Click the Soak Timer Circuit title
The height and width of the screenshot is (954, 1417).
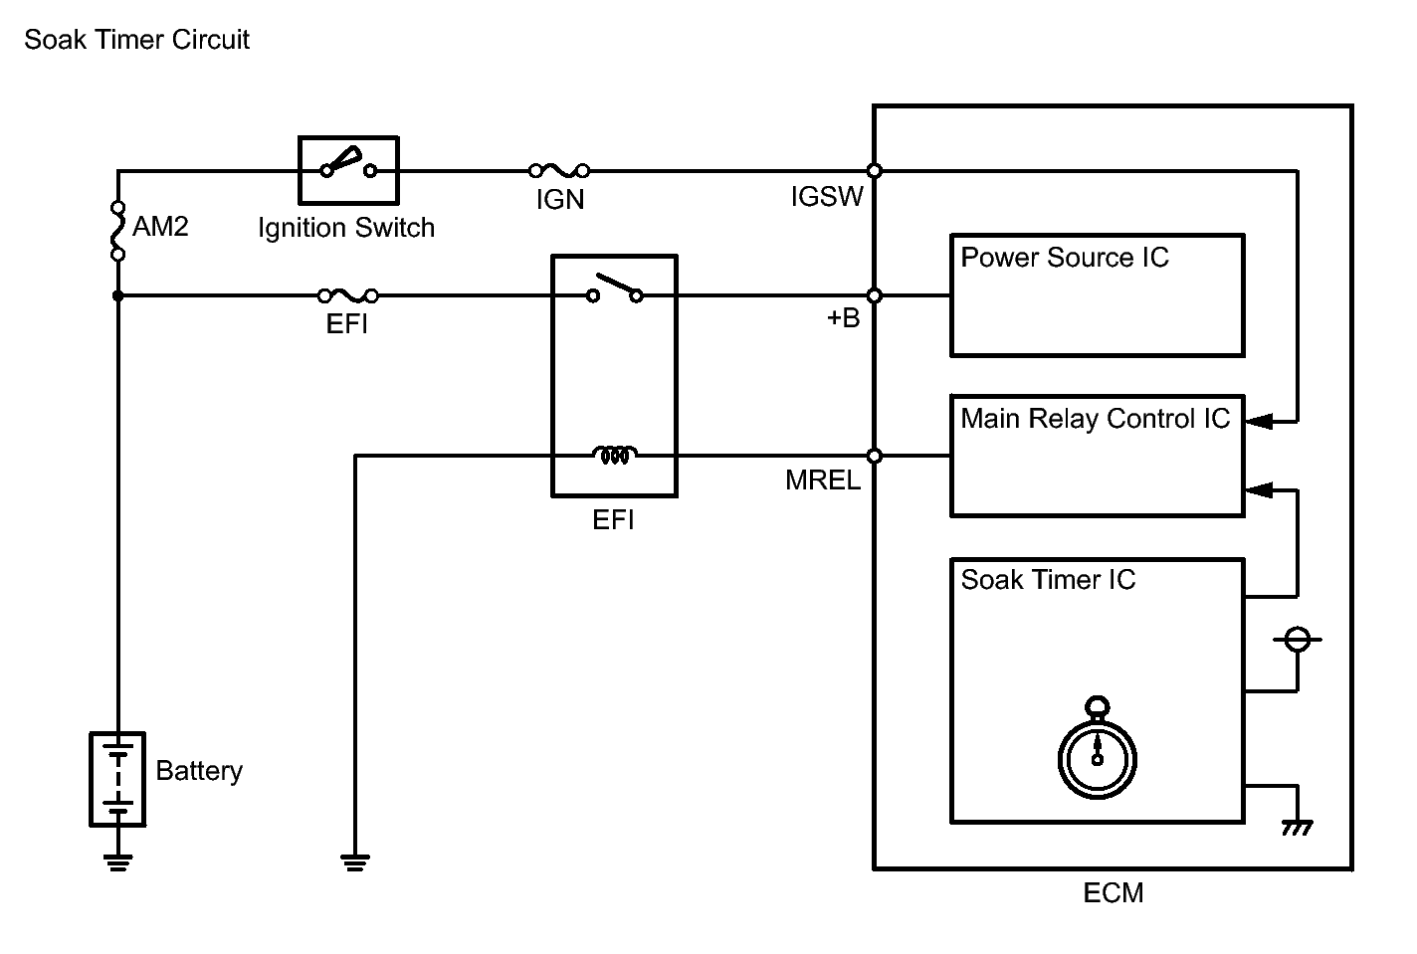136,40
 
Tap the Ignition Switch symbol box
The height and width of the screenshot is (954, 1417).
348,170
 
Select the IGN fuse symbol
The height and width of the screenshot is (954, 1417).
558,171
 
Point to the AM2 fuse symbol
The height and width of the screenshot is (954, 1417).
117,231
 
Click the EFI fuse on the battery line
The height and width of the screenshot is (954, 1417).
347,295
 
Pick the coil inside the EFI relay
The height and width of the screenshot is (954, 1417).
615,456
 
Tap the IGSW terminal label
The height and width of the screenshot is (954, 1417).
827,197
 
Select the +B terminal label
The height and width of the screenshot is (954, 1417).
842,319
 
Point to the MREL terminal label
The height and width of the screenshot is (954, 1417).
823,480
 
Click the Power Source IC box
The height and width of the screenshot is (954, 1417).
1097,295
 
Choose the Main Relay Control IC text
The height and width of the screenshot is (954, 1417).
1095,419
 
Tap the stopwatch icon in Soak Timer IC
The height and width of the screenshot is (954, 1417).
1097,751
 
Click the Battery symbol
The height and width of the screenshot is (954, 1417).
117,779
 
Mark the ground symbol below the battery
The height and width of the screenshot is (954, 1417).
117,861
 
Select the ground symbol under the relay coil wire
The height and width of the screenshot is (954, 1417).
355,861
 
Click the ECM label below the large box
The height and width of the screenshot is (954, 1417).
1113,893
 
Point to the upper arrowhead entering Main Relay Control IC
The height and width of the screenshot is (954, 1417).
1259,422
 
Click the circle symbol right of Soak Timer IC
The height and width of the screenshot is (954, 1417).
1297,640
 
